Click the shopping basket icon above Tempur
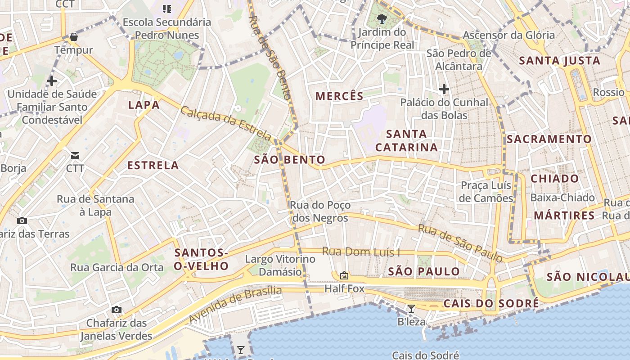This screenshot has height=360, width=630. [74, 37]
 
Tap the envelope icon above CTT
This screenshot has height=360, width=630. [75, 156]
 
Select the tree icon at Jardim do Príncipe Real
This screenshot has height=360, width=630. [382, 19]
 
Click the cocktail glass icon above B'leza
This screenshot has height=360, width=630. [411, 309]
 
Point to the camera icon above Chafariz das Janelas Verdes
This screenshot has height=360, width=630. [117, 310]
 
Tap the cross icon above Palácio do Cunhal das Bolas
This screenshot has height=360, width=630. [444, 89]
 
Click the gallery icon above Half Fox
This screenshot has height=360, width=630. [344, 275]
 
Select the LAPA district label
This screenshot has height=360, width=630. [144, 105]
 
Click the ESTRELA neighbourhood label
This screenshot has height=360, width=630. [153, 166]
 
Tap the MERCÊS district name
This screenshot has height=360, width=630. [339, 96]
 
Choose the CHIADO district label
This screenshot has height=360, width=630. [555, 179]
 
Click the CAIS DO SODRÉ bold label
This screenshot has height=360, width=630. [491, 304]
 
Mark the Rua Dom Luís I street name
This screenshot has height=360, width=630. [361, 252]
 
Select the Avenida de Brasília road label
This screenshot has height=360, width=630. [235, 305]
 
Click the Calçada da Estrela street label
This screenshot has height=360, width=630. [226, 123]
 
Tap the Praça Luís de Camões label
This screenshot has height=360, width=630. [486, 192]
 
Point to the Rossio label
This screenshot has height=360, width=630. [608, 92]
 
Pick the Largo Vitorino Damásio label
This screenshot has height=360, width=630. [280, 265]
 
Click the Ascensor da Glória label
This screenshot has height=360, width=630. [509, 35]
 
